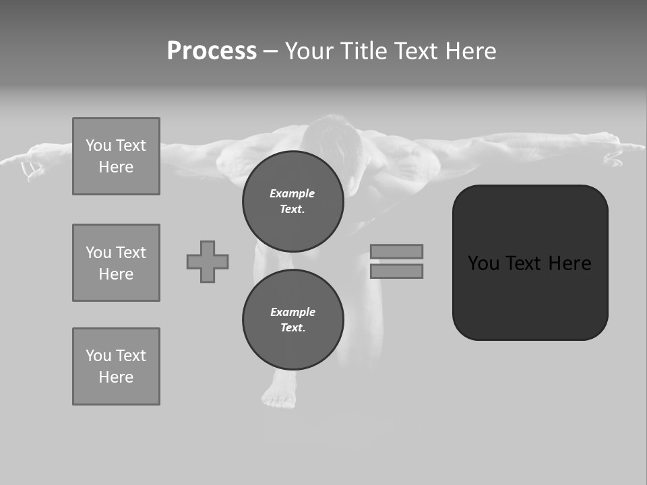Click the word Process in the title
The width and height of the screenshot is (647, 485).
tap(212, 51)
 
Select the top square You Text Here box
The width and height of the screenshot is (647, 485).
tap(116, 156)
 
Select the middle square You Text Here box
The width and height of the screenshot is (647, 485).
tap(116, 263)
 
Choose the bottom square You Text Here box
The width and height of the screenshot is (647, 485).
tap(116, 366)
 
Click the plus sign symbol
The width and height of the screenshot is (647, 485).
tap(208, 261)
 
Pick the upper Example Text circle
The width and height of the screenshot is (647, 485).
tap(292, 201)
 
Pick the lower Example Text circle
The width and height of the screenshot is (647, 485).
tap(292, 319)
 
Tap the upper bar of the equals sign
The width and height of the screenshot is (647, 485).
tap(396, 251)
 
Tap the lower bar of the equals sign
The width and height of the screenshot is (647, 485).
tap(396, 271)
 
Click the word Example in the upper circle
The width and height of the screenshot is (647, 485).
tap(292, 193)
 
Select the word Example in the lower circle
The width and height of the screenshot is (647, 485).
tap(292, 312)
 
